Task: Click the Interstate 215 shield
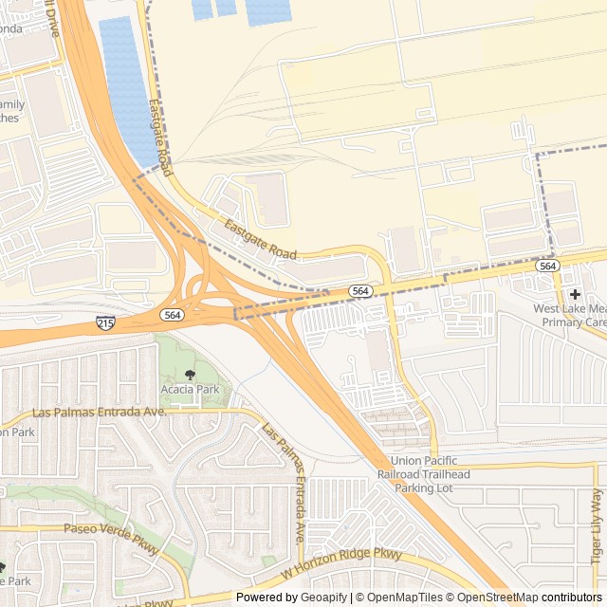tap(106, 324)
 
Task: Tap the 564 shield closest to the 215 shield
tap(172, 315)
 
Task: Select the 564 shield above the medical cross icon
tap(546, 267)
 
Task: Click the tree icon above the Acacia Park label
tap(190, 376)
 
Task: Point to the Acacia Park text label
tap(190, 389)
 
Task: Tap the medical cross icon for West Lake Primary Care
tap(575, 294)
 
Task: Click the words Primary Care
tap(573, 322)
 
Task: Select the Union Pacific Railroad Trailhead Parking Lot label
tap(430, 475)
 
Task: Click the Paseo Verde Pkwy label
tap(101, 528)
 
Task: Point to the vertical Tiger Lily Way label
tap(597, 527)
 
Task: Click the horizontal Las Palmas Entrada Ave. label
tap(99, 413)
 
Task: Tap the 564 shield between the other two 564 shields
tap(359, 290)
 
